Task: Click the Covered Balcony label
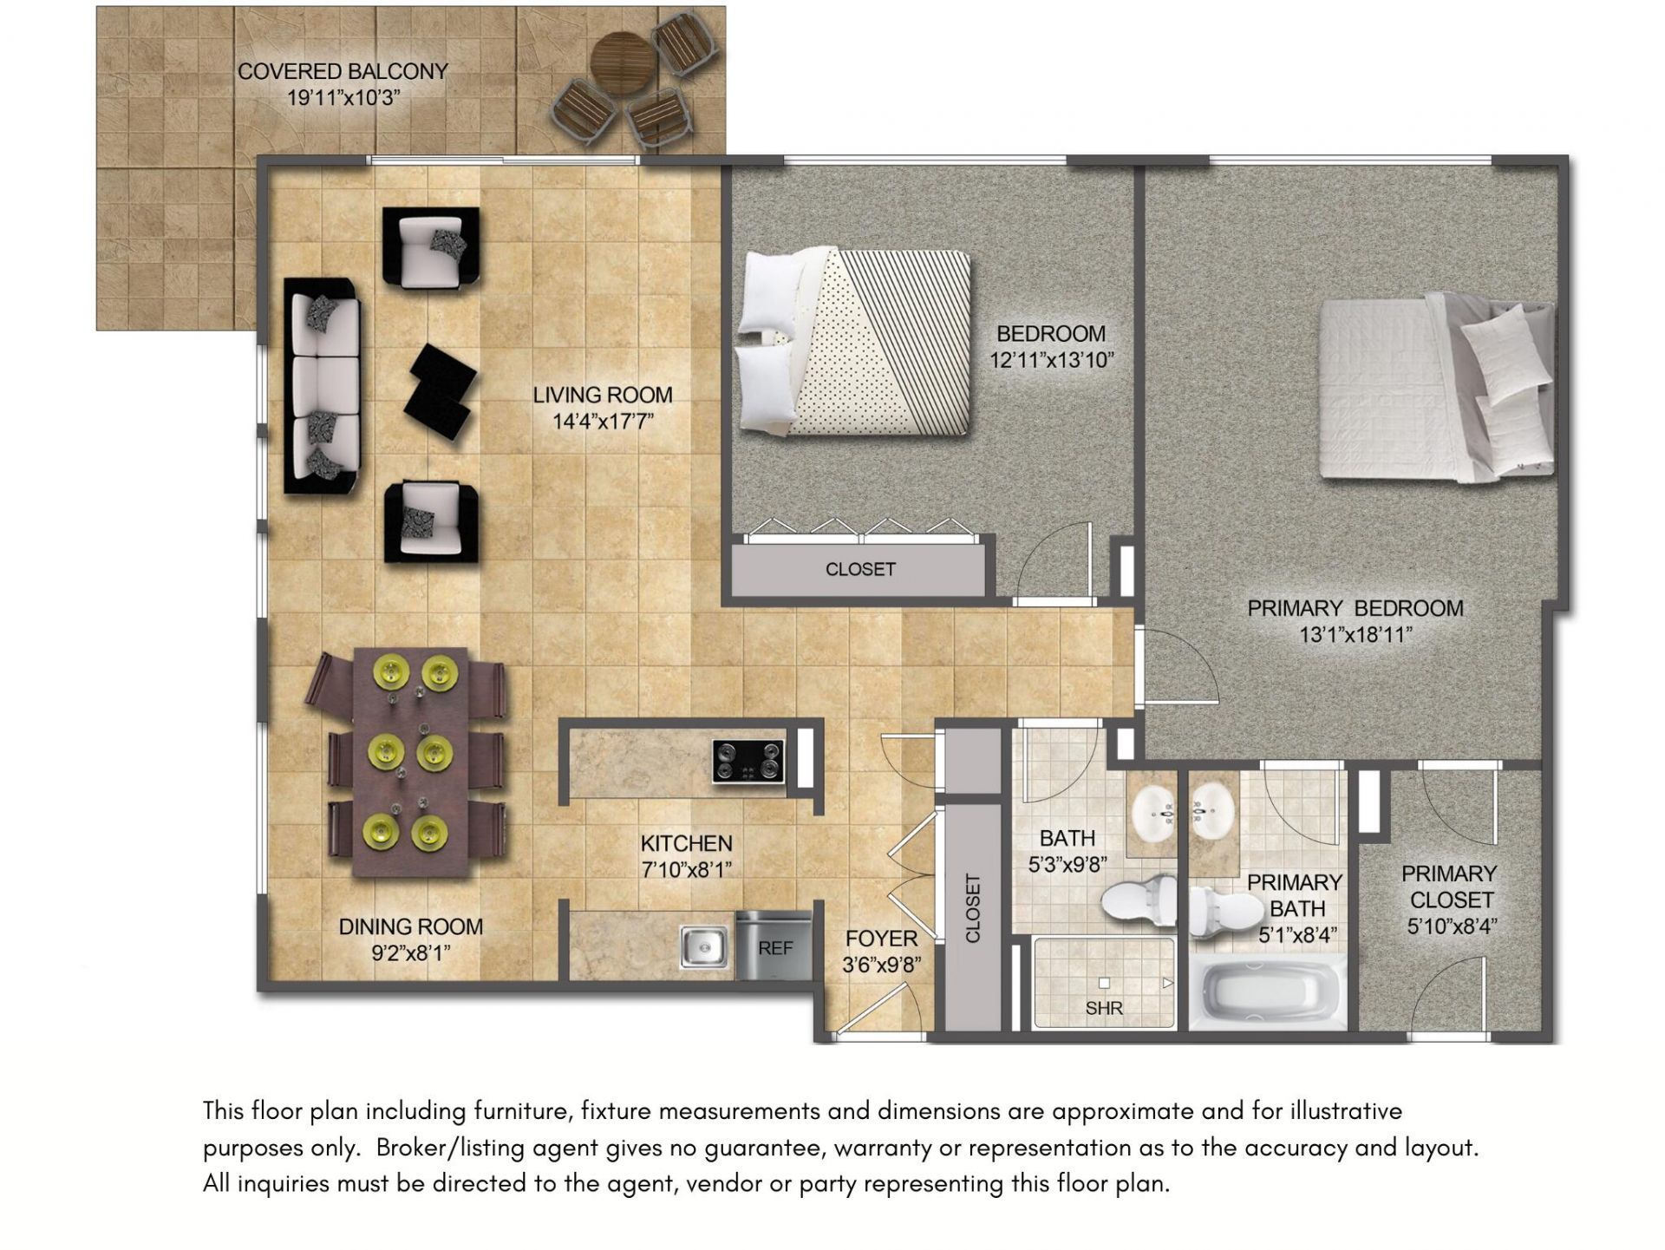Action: (343, 72)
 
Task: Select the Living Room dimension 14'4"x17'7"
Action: (603, 422)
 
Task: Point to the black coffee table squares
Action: (442, 389)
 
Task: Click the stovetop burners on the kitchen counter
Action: (748, 761)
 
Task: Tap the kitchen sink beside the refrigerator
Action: (704, 946)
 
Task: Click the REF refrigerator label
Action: (775, 948)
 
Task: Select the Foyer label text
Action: (881, 939)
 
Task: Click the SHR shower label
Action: (1104, 1008)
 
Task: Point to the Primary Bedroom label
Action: (1355, 608)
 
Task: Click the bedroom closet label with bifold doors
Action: (860, 569)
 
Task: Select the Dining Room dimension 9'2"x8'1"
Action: (411, 953)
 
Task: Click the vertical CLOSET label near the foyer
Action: (972, 908)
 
